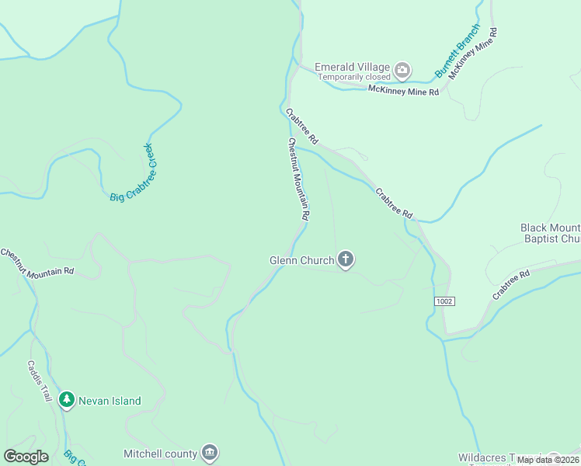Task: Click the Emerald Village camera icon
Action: point(402,71)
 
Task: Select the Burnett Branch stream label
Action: point(457,51)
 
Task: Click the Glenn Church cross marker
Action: point(346,260)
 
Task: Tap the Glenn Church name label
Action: point(301,261)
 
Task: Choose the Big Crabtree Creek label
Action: point(129,172)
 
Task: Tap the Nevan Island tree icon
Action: point(67,400)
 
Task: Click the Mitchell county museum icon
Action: point(210,452)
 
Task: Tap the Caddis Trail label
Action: point(39,381)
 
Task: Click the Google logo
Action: point(26,457)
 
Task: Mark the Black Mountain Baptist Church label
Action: point(550,233)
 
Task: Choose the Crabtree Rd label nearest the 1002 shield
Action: point(510,285)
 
